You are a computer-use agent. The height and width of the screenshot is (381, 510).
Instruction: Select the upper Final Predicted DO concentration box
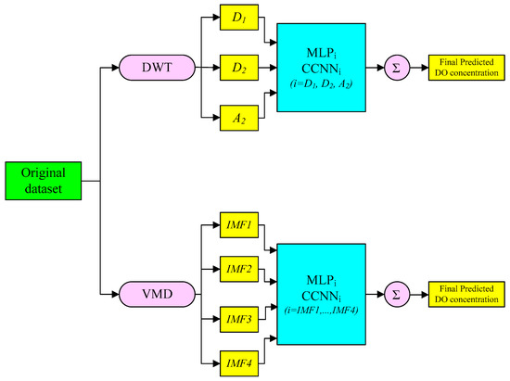(x=465, y=67)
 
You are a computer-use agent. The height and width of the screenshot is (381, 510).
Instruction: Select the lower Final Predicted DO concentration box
(x=465, y=296)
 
